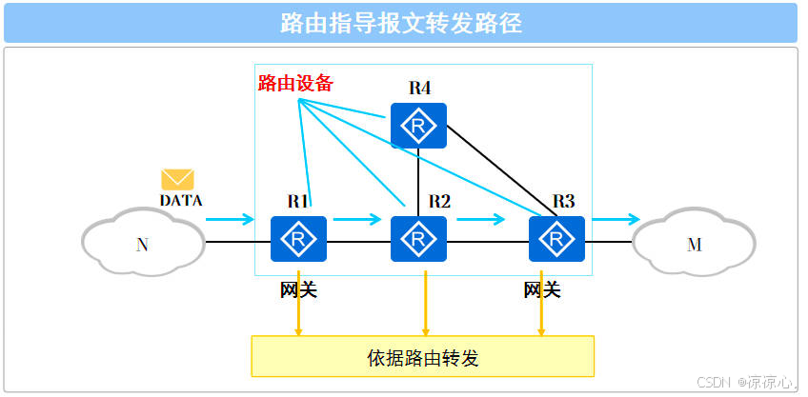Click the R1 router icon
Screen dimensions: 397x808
pyautogui.click(x=298, y=239)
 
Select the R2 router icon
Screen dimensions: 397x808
pyautogui.click(x=418, y=239)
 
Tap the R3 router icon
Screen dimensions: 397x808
pyautogui.click(x=557, y=239)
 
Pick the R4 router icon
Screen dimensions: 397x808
pyautogui.click(x=418, y=126)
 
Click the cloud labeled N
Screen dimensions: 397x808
pyautogui.click(x=143, y=245)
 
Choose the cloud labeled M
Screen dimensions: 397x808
pyautogui.click(x=694, y=245)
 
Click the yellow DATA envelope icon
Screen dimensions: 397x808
pyautogui.click(x=177, y=179)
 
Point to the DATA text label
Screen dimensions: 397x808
pyautogui.click(x=180, y=201)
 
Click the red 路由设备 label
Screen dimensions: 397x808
pyautogui.click(x=295, y=83)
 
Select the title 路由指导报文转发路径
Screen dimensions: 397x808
pyautogui.click(x=400, y=23)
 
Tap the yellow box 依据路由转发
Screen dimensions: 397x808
pyautogui.click(x=422, y=358)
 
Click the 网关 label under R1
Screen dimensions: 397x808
pyautogui.click(x=298, y=289)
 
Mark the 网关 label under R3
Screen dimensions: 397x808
pyautogui.click(x=542, y=289)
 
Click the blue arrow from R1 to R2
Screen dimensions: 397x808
pyautogui.click(x=356, y=220)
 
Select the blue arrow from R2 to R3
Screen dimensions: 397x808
pyautogui.click(x=480, y=220)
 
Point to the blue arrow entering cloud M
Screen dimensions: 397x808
pyautogui.click(x=616, y=220)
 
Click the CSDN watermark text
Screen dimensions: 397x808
pyautogui.click(x=746, y=383)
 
